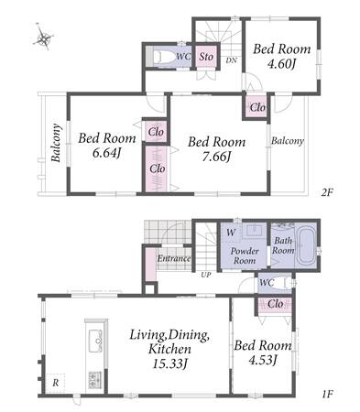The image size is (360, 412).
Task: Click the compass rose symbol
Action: click(44, 37)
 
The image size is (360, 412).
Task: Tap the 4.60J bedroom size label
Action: click(281, 64)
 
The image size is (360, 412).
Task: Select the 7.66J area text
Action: click(216, 157)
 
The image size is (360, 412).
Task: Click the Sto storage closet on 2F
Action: click(207, 57)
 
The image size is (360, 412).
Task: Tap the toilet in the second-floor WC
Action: click(164, 57)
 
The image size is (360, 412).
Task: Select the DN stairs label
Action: click(232, 60)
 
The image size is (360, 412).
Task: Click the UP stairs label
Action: click(206, 275)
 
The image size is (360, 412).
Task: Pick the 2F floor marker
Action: click(326, 192)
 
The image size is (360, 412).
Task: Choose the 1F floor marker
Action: click(327, 394)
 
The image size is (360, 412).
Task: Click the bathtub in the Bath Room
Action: click(306, 246)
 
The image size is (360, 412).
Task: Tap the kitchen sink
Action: click(95, 341)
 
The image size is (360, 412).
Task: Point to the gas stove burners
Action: click(95, 380)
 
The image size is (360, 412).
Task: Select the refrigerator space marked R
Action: click(55, 383)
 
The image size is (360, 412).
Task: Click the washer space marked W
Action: click(231, 233)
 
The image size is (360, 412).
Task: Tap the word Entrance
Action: click(174, 259)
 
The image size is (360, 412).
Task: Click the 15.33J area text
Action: click(169, 363)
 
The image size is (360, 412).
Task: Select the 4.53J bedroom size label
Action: click(263, 360)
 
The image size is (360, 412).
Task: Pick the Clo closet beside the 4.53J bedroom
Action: click(275, 305)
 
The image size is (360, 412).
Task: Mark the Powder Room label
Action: click(245, 255)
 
